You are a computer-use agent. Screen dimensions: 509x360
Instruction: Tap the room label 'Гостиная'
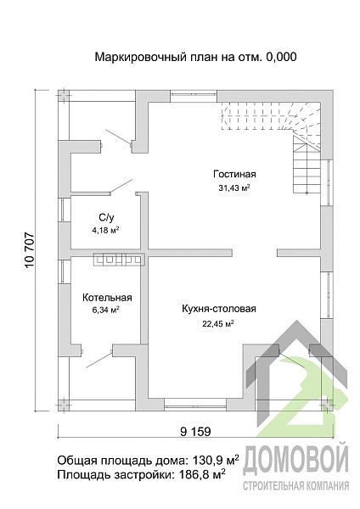point(234,174)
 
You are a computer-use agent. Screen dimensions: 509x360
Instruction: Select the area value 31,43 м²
point(234,187)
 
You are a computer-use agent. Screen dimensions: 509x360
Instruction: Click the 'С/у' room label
point(107,217)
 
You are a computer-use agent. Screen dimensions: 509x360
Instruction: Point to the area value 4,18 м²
point(105,230)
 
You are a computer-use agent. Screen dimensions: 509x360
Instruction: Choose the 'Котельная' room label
point(107,298)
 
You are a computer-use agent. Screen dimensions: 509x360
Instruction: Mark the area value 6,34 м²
point(105,310)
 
